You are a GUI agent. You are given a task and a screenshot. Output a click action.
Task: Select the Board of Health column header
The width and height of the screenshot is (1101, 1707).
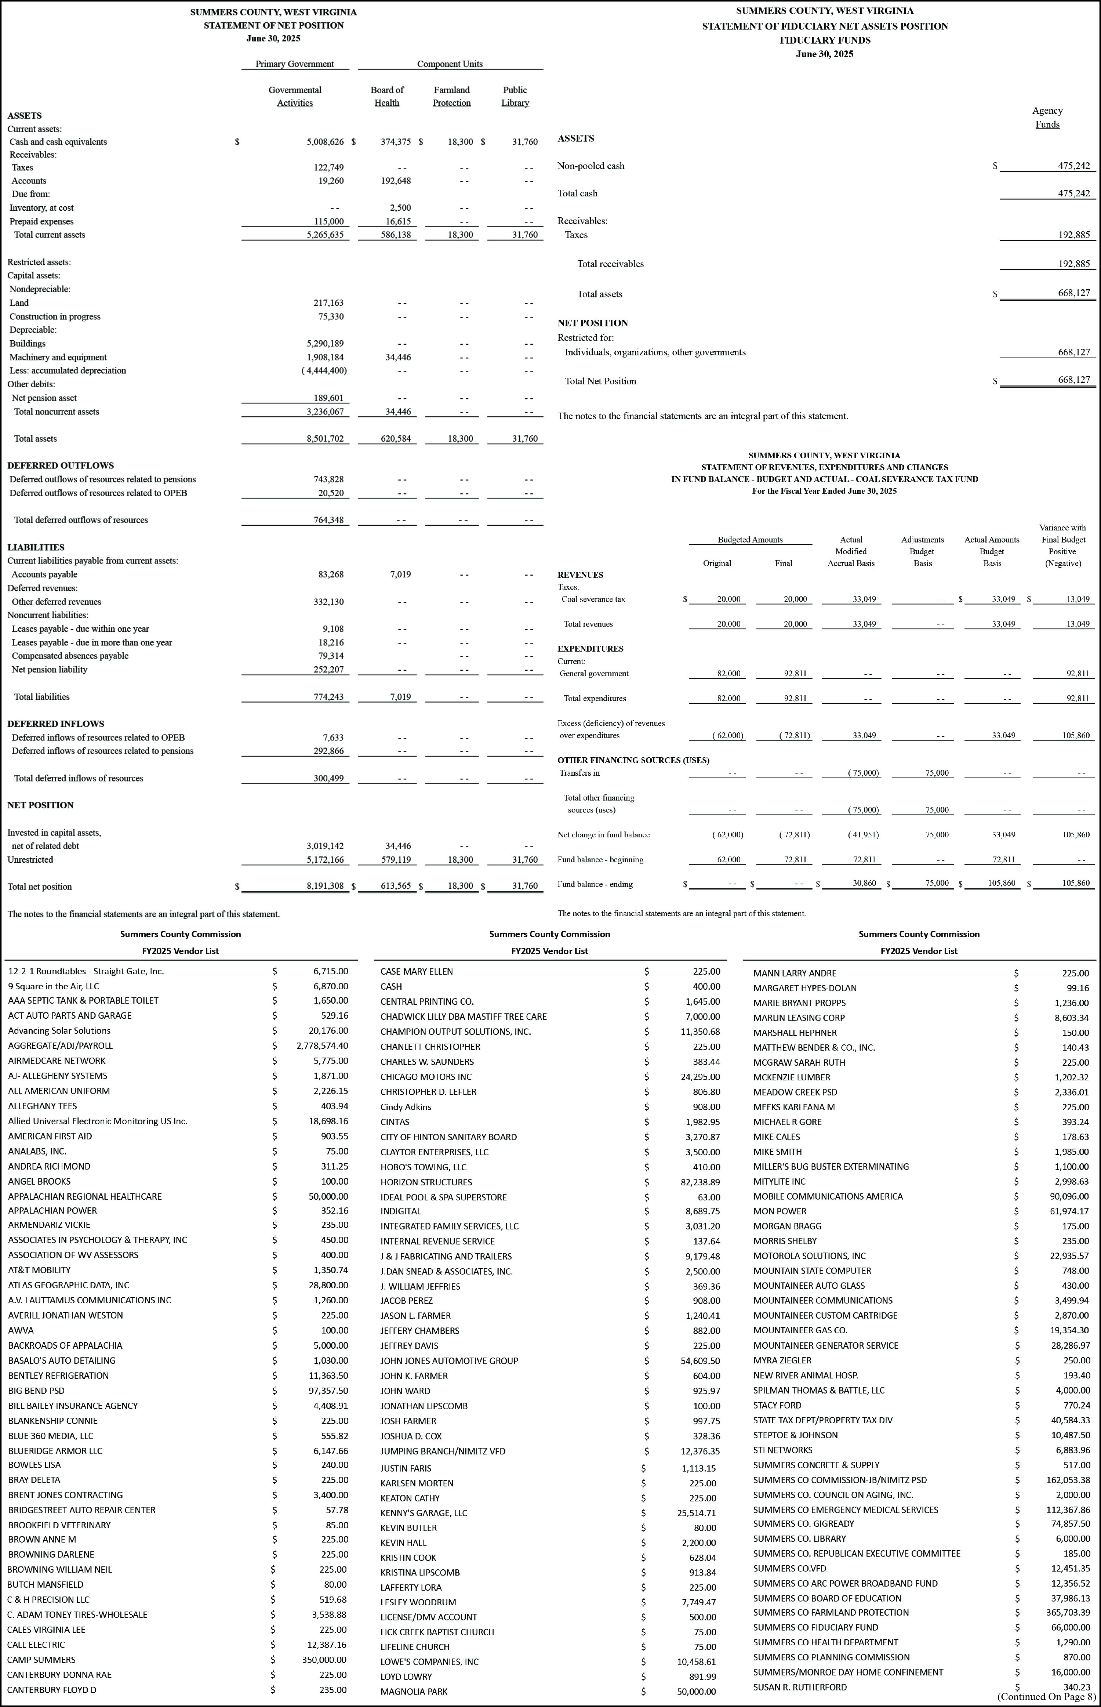pos(387,97)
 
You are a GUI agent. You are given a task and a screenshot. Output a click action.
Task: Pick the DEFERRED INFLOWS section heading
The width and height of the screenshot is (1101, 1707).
pos(56,724)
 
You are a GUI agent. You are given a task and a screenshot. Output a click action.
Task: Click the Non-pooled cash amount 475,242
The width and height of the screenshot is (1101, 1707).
pos(1074,166)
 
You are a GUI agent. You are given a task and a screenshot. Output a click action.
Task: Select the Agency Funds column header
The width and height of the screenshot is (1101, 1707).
pos(1047,117)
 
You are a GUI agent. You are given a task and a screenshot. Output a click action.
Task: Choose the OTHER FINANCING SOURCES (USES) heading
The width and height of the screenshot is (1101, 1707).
pos(633,760)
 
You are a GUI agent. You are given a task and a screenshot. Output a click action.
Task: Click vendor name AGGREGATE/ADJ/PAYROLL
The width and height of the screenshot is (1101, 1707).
pos(61,1045)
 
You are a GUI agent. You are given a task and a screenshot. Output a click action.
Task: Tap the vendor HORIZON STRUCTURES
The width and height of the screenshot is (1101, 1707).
pos(426,1182)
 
